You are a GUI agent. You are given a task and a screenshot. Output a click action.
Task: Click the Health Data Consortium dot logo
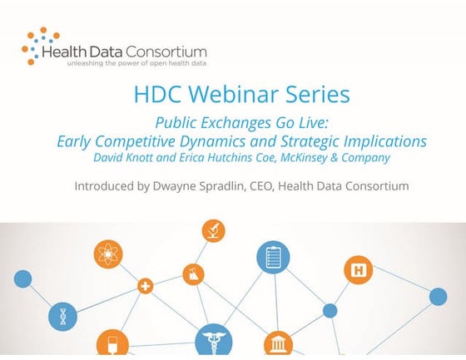(x=38, y=45)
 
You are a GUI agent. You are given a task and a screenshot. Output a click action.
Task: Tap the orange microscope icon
(x=213, y=231)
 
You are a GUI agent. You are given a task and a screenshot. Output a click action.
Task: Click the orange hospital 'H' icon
(x=358, y=269)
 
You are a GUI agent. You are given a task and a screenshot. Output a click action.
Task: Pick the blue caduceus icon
(x=213, y=342)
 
